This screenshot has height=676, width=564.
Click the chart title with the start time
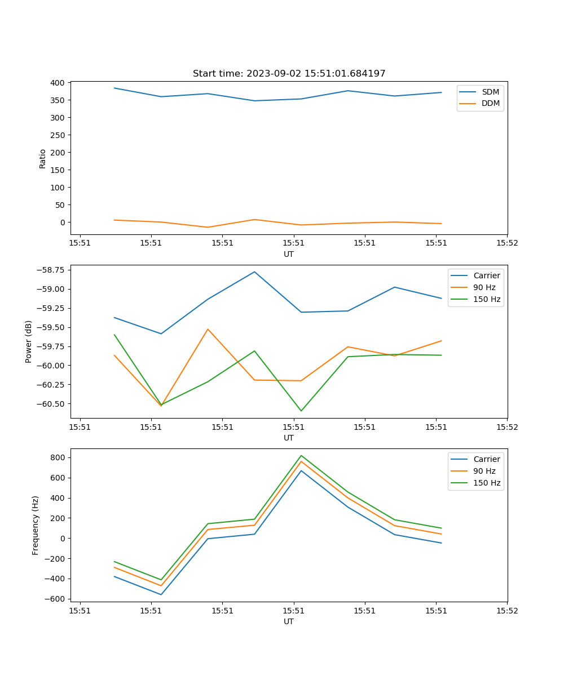[x=289, y=74]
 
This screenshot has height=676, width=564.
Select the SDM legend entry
[x=490, y=92]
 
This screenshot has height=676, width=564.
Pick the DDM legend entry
[x=490, y=103]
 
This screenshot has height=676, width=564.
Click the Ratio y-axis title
[x=43, y=158]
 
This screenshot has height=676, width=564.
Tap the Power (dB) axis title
[x=29, y=341]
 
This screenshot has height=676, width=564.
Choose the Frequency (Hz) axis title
[x=36, y=525]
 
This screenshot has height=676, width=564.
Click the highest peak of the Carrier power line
[x=254, y=272]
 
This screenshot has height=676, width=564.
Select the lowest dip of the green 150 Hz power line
[x=301, y=411]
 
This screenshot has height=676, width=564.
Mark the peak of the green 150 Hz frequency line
[x=301, y=455]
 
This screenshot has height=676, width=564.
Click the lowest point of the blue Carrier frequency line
[x=161, y=594]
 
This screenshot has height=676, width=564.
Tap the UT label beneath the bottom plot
[x=289, y=621]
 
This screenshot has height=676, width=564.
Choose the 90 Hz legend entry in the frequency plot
[x=484, y=471]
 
